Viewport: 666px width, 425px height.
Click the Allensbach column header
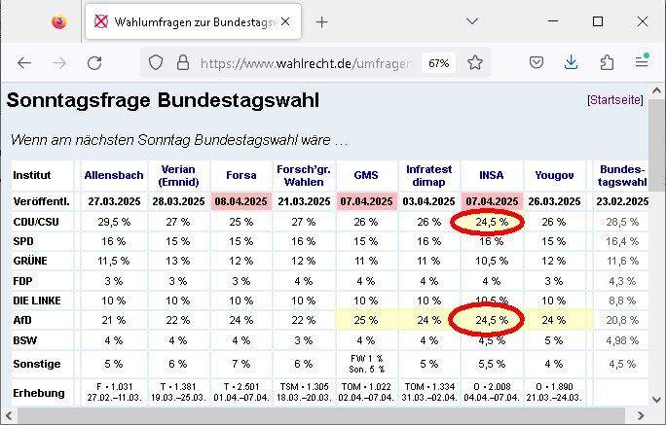tap(114, 176)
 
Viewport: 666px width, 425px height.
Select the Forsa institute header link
tap(241, 176)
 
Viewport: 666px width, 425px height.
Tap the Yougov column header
tap(553, 176)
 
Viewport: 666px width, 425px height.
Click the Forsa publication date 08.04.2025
tap(241, 201)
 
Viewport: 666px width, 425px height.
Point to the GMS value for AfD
tap(365, 319)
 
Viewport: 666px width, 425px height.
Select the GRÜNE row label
tap(32, 261)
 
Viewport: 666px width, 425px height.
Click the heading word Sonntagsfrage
tap(68, 100)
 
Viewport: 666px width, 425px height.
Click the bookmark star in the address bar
tap(475, 62)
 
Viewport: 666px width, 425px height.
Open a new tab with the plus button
tap(322, 21)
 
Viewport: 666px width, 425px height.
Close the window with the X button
tap(642, 21)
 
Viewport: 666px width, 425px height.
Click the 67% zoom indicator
tap(438, 62)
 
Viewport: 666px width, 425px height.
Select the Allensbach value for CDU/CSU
tap(114, 222)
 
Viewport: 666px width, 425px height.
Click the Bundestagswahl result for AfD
tap(621, 319)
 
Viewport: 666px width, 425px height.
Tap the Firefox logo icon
tap(60, 21)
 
